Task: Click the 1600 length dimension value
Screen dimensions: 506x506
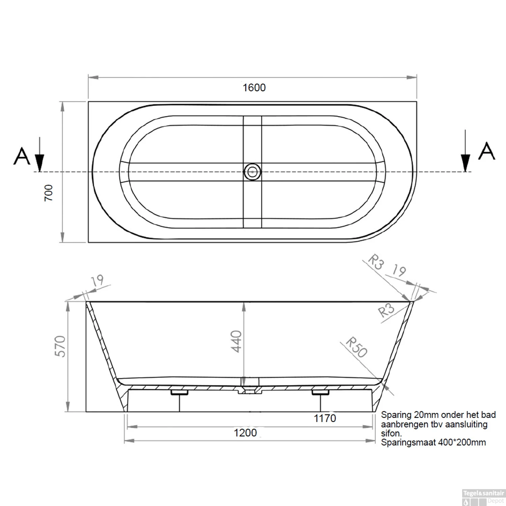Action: pyautogui.click(x=254, y=88)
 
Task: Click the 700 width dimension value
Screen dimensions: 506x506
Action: pyautogui.click(x=49, y=193)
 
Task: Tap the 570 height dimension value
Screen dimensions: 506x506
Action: pyautogui.click(x=60, y=346)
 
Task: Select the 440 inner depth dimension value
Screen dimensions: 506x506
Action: pyautogui.click(x=236, y=341)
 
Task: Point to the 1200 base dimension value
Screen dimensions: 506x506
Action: pyautogui.click(x=245, y=433)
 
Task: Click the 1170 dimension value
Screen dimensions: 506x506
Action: pyautogui.click(x=325, y=418)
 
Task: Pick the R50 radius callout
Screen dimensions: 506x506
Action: pyautogui.click(x=357, y=347)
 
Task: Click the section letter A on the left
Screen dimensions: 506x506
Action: pyautogui.click(x=22, y=156)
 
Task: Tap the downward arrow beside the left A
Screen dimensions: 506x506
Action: pyautogui.click(x=39, y=155)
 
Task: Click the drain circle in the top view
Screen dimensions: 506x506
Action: pyautogui.click(x=252, y=172)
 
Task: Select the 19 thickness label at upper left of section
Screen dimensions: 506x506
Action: pyautogui.click(x=97, y=280)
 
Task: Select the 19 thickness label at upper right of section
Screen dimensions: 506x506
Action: pyautogui.click(x=399, y=271)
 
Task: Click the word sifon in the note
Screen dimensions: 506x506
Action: pyautogui.click(x=391, y=433)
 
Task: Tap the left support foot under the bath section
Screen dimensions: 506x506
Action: pyautogui.click(x=179, y=393)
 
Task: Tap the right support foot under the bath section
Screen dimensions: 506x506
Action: pyautogui.click(x=320, y=393)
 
